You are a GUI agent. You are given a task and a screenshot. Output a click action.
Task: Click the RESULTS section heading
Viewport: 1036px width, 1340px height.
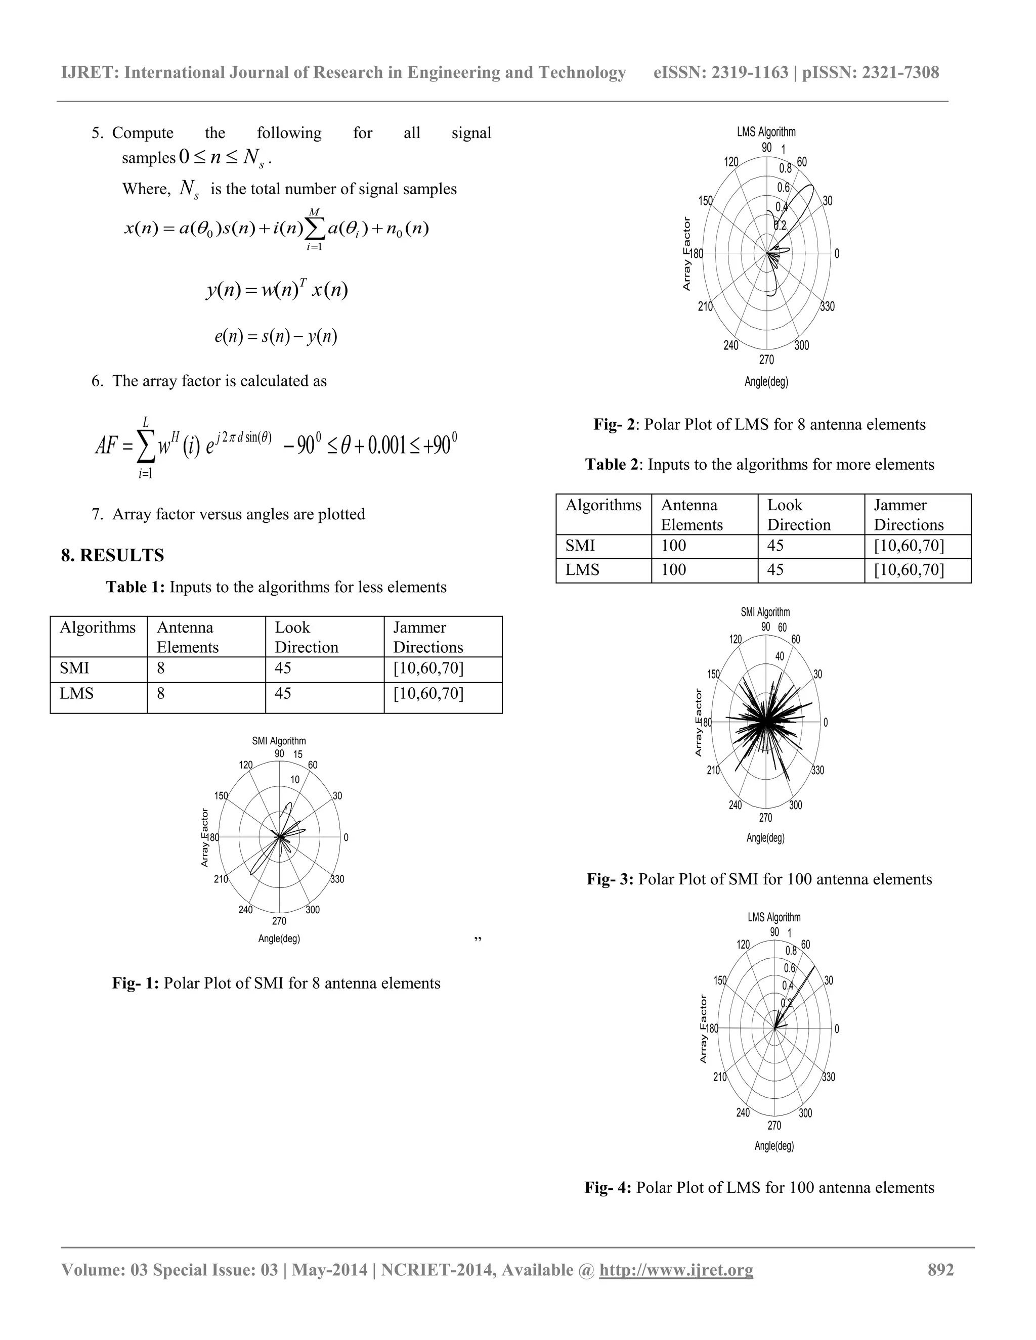pyautogui.click(x=112, y=555)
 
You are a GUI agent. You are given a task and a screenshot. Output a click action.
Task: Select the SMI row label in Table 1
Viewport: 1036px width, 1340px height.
pyautogui.click(x=74, y=668)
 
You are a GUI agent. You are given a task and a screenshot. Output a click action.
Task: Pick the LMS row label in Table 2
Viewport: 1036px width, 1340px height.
pyautogui.click(x=582, y=570)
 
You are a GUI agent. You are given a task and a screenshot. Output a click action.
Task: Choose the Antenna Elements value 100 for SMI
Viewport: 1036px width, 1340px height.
pyautogui.click(x=673, y=546)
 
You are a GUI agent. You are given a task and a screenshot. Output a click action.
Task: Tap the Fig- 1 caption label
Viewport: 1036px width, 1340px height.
pyautogui.click(x=135, y=984)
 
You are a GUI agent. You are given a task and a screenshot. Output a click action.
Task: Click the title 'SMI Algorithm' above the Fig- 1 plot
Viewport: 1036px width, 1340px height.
pyautogui.click(x=279, y=741)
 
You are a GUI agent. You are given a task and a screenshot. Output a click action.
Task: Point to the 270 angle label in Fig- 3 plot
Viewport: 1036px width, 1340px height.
pyautogui.click(x=765, y=818)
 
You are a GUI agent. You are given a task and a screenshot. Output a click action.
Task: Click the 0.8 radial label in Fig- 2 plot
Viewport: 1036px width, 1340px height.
pyautogui.click(x=786, y=168)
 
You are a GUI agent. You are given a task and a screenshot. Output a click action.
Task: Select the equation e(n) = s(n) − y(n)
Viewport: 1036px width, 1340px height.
pyautogui.click(x=276, y=336)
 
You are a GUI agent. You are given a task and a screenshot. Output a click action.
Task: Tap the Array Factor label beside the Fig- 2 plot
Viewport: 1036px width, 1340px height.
pyautogui.click(x=687, y=253)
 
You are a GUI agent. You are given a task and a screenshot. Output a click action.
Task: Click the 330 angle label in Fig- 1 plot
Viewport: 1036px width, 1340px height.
pyautogui.click(x=337, y=879)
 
